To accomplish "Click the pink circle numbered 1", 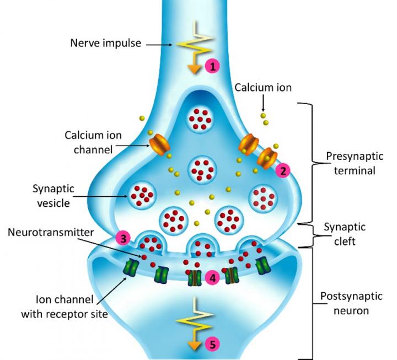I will tap(212, 67).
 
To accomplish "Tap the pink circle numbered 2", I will tap(283, 171).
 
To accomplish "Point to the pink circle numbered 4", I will tap(212, 278).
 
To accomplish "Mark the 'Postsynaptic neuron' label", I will tap(347, 304).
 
